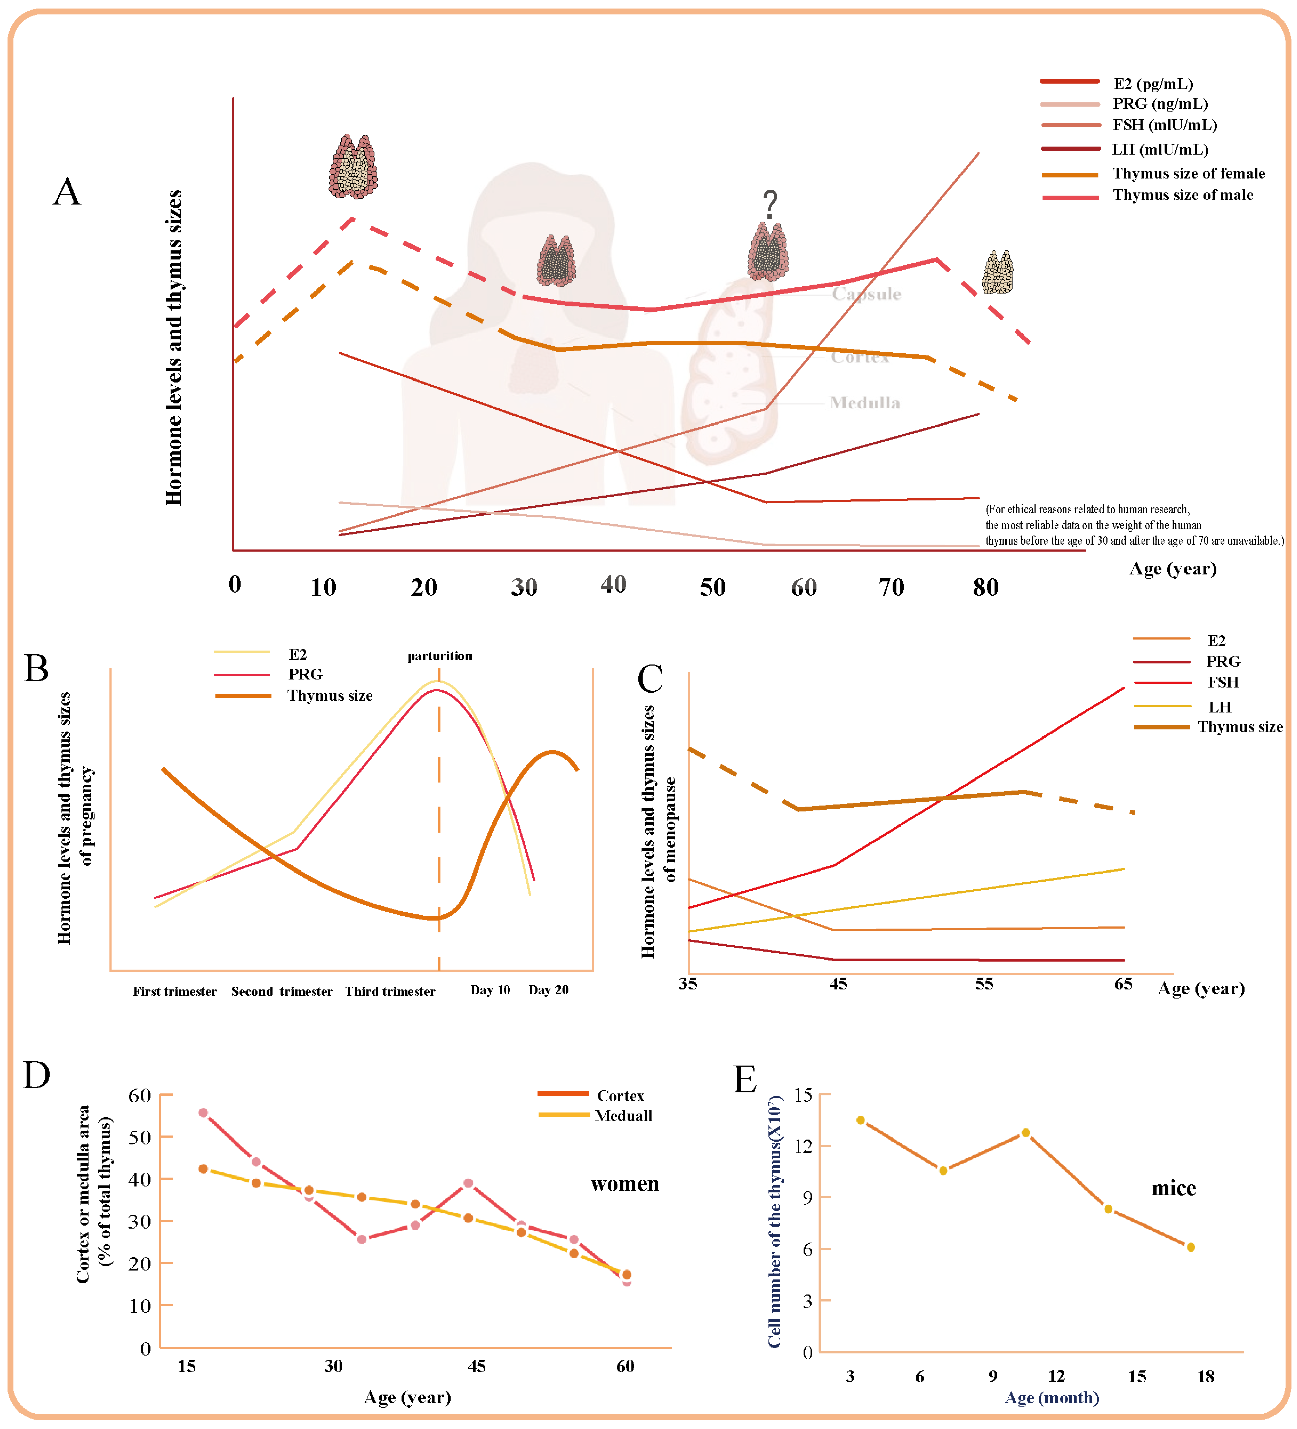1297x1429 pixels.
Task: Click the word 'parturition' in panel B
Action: pos(439,656)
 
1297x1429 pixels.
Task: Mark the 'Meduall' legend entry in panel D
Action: pos(623,1116)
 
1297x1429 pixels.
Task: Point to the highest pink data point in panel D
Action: pos(204,1113)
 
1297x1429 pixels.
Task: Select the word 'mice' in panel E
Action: pos(1173,1188)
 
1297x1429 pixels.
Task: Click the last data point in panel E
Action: pos(1191,1247)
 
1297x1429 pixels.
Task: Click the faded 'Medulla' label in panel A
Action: pos(864,403)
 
